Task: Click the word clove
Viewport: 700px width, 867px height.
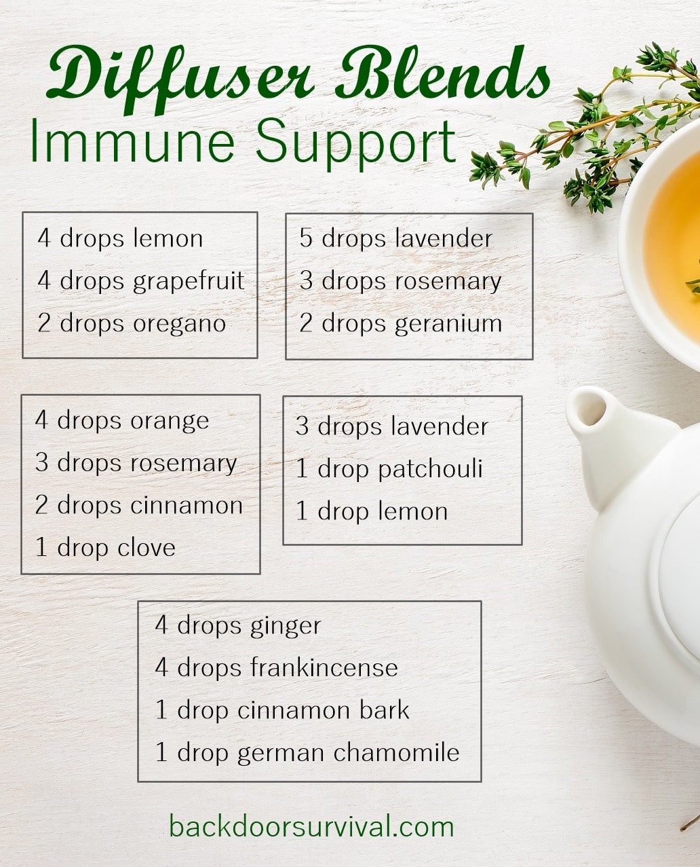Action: pos(146,548)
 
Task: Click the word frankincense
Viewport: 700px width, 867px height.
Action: pos(324,668)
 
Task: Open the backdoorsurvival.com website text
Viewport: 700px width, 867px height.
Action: pos(311,827)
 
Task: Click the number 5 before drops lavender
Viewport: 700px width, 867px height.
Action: pos(307,239)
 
